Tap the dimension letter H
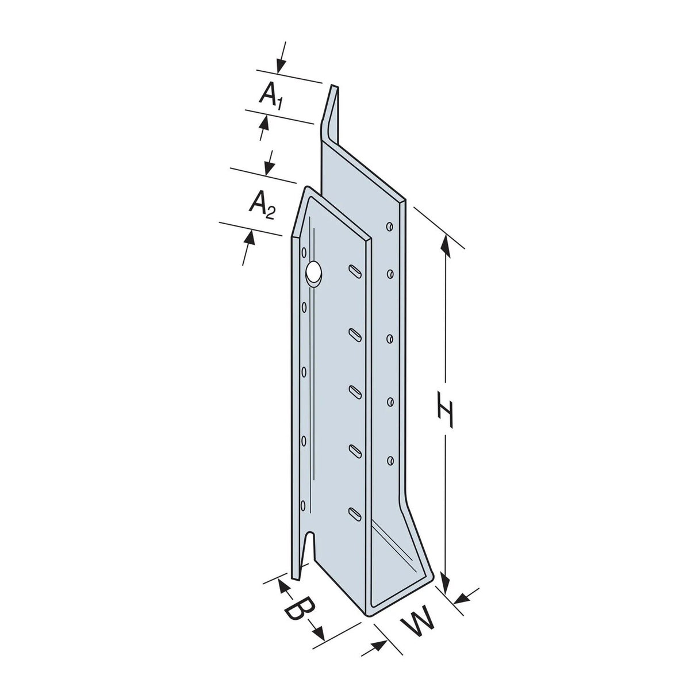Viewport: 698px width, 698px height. pos(444,407)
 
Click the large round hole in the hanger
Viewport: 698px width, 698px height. pos(313,272)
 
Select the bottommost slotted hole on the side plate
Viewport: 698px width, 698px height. pos(355,513)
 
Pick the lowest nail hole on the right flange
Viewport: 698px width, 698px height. pos(390,459)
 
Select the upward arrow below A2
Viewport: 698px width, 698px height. pos(248,238)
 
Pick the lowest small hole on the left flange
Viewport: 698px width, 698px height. pos(304,507)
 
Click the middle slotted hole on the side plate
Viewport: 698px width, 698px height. pos(355,391)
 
